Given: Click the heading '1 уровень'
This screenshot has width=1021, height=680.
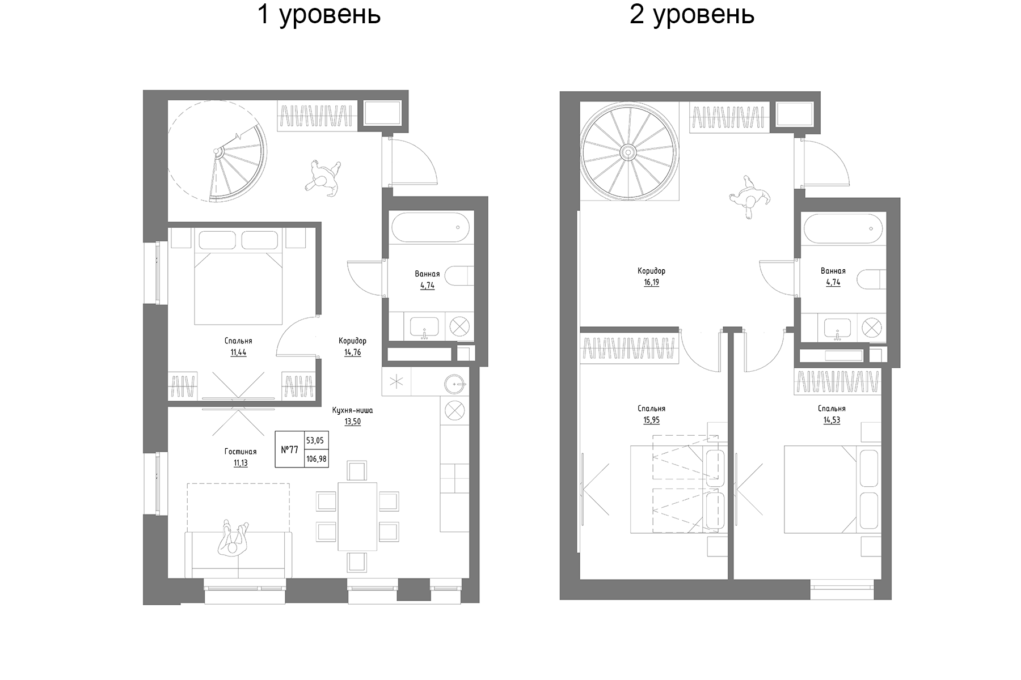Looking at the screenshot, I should click(319, 15).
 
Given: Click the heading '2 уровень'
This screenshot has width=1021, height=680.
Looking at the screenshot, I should click(691, 15).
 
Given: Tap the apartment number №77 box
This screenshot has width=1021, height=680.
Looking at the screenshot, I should click(289, 450).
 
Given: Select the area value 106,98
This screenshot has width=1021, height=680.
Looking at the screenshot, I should click(317, 459).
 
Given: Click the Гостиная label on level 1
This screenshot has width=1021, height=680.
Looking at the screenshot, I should click(241, 452).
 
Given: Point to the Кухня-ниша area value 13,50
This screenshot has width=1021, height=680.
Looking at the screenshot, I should click(352, 422).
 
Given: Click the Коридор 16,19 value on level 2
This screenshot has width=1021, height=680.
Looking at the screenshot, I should click(651, 282).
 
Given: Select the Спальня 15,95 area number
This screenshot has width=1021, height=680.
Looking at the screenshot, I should click(651, 420).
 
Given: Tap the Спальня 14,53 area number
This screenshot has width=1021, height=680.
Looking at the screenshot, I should click(832, 420).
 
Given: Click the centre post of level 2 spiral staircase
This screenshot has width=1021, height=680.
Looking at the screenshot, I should click(628, 152).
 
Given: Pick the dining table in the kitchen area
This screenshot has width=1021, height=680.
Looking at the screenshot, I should click(357, 516).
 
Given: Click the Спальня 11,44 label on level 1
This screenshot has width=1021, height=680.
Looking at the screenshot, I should click(238, 341).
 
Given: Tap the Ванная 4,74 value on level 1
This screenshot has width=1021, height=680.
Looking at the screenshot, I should click(427, 286).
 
